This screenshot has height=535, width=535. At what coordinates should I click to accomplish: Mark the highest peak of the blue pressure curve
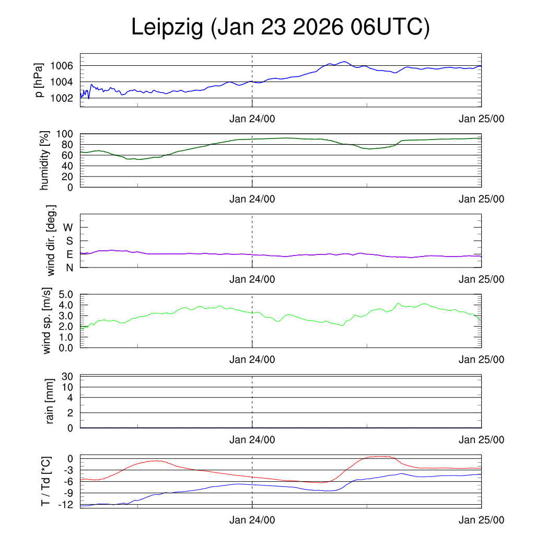(x=344, y=62)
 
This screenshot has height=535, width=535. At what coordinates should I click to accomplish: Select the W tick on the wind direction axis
(x=68, y=227)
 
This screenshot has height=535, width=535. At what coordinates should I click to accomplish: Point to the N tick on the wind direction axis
(x=69, y=267)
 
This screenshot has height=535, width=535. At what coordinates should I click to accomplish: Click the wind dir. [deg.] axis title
(x=51, y=240)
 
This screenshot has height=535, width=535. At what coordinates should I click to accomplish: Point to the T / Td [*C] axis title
(x=46, y=481)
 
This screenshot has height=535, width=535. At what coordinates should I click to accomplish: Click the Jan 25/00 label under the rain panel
(x=481, y=440)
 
